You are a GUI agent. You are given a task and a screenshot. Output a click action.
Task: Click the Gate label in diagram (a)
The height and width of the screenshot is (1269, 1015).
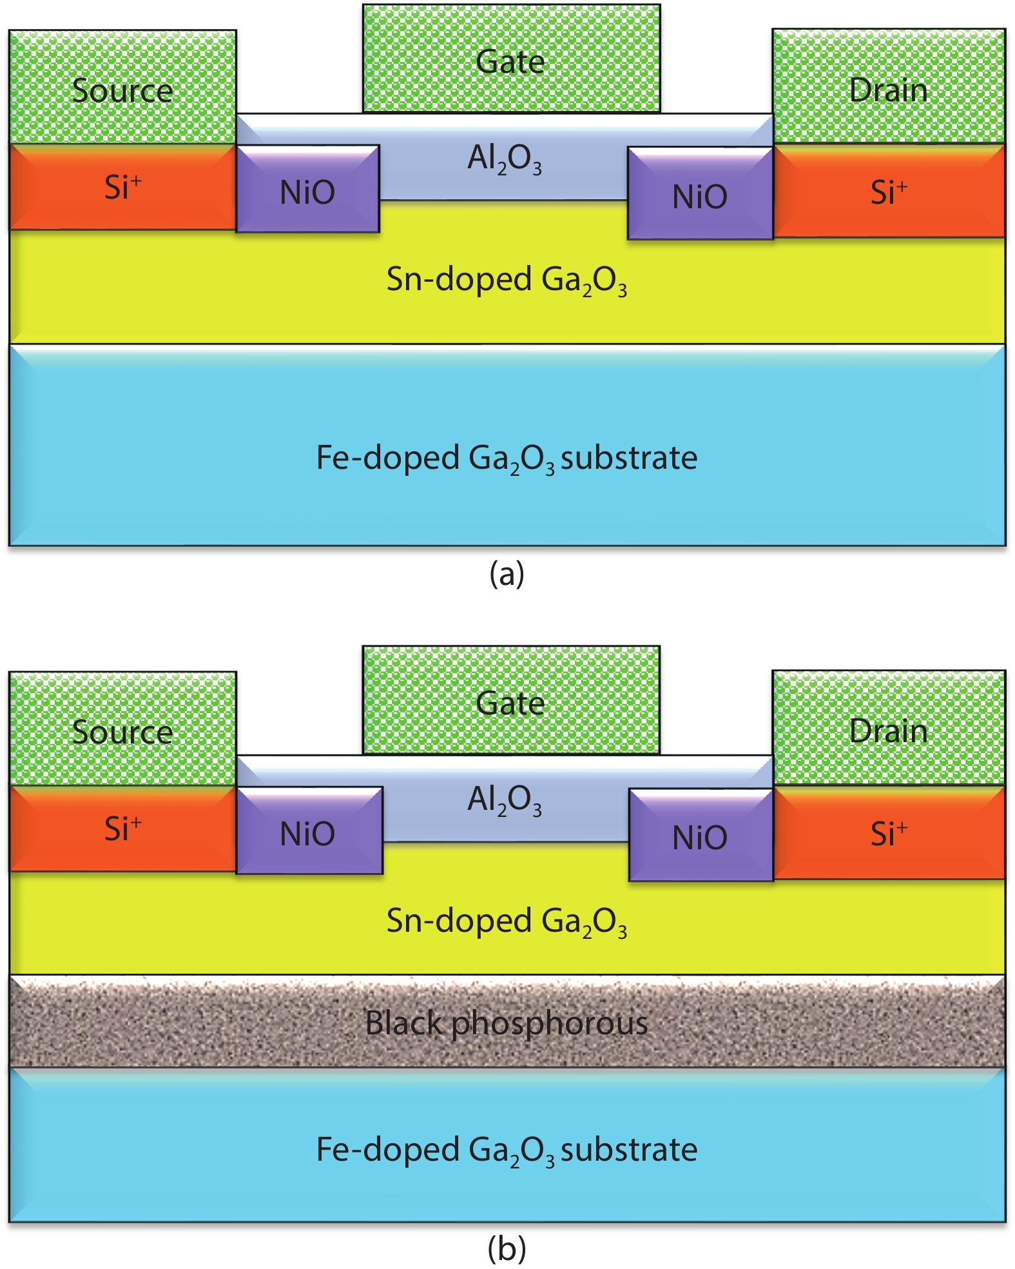[x=510, y=62]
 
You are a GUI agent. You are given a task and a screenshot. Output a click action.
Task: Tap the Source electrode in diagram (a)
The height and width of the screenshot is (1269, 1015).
[x=122, y=87]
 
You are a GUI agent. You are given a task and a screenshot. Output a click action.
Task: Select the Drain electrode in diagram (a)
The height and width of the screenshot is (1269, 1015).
[x=889, y=86]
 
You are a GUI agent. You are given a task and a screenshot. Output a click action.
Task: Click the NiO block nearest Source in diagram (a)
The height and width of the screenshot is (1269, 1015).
[x=307, y=190]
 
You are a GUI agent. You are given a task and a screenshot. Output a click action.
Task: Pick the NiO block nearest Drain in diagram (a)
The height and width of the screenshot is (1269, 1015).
[x=700, y=194]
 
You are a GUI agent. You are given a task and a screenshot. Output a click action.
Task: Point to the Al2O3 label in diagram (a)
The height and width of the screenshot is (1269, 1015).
[x=505, y=159]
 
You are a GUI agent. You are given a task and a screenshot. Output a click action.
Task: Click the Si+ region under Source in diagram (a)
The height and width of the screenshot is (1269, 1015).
[x=122, y=188]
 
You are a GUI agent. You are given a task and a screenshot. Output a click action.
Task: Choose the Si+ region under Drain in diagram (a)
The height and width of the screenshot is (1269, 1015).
[x=889, y=192]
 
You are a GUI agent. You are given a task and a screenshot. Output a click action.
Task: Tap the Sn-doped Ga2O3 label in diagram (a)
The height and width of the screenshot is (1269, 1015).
[x=507, y=281]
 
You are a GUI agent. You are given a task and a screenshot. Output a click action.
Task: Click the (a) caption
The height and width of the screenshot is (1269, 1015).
[x=507, y=573]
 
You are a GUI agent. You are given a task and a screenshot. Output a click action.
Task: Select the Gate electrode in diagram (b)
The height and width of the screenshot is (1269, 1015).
[x=510, y=700]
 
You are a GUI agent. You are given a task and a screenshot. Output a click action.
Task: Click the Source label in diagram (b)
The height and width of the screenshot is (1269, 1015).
[x=122, y=732]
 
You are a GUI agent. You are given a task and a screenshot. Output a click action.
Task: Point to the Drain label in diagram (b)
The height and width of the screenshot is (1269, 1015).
[x=889, y=731]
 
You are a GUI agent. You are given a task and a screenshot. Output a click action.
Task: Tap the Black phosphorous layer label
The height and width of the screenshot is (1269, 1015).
[x=507, y=1023]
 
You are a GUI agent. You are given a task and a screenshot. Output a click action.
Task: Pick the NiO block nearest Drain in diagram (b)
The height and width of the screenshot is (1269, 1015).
[x=700, y=836]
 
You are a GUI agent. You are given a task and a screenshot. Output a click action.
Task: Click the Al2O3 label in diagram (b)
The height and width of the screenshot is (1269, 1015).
[x=505, y=800]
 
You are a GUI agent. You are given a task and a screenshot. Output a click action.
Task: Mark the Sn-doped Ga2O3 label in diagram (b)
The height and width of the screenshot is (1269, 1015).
[x=507, y=922]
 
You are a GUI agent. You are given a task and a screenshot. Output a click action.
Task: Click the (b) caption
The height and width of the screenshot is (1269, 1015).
[x=507, y=1249]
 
